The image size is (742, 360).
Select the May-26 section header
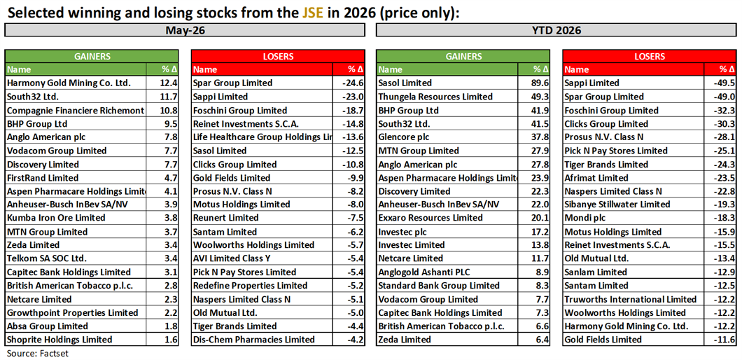[x=185, y=30]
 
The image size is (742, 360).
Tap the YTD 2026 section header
[x=556, y=30]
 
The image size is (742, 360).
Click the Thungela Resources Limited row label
[x=435, y=97]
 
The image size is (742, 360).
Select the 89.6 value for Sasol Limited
[x=540, y=83]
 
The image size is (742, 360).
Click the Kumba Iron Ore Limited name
[x=56, y=218]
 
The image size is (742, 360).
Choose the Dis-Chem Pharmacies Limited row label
[x=253, y=340]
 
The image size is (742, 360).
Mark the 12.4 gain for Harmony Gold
[x=169, y=83]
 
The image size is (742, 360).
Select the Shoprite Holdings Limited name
[x=59, y=340]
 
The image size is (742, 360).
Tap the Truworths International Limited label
[x=631, y=299]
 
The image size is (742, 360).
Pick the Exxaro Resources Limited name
[x=430, y=218]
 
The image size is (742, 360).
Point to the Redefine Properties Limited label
[x=251, y=286]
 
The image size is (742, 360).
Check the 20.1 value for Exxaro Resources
[x=540, y=218]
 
